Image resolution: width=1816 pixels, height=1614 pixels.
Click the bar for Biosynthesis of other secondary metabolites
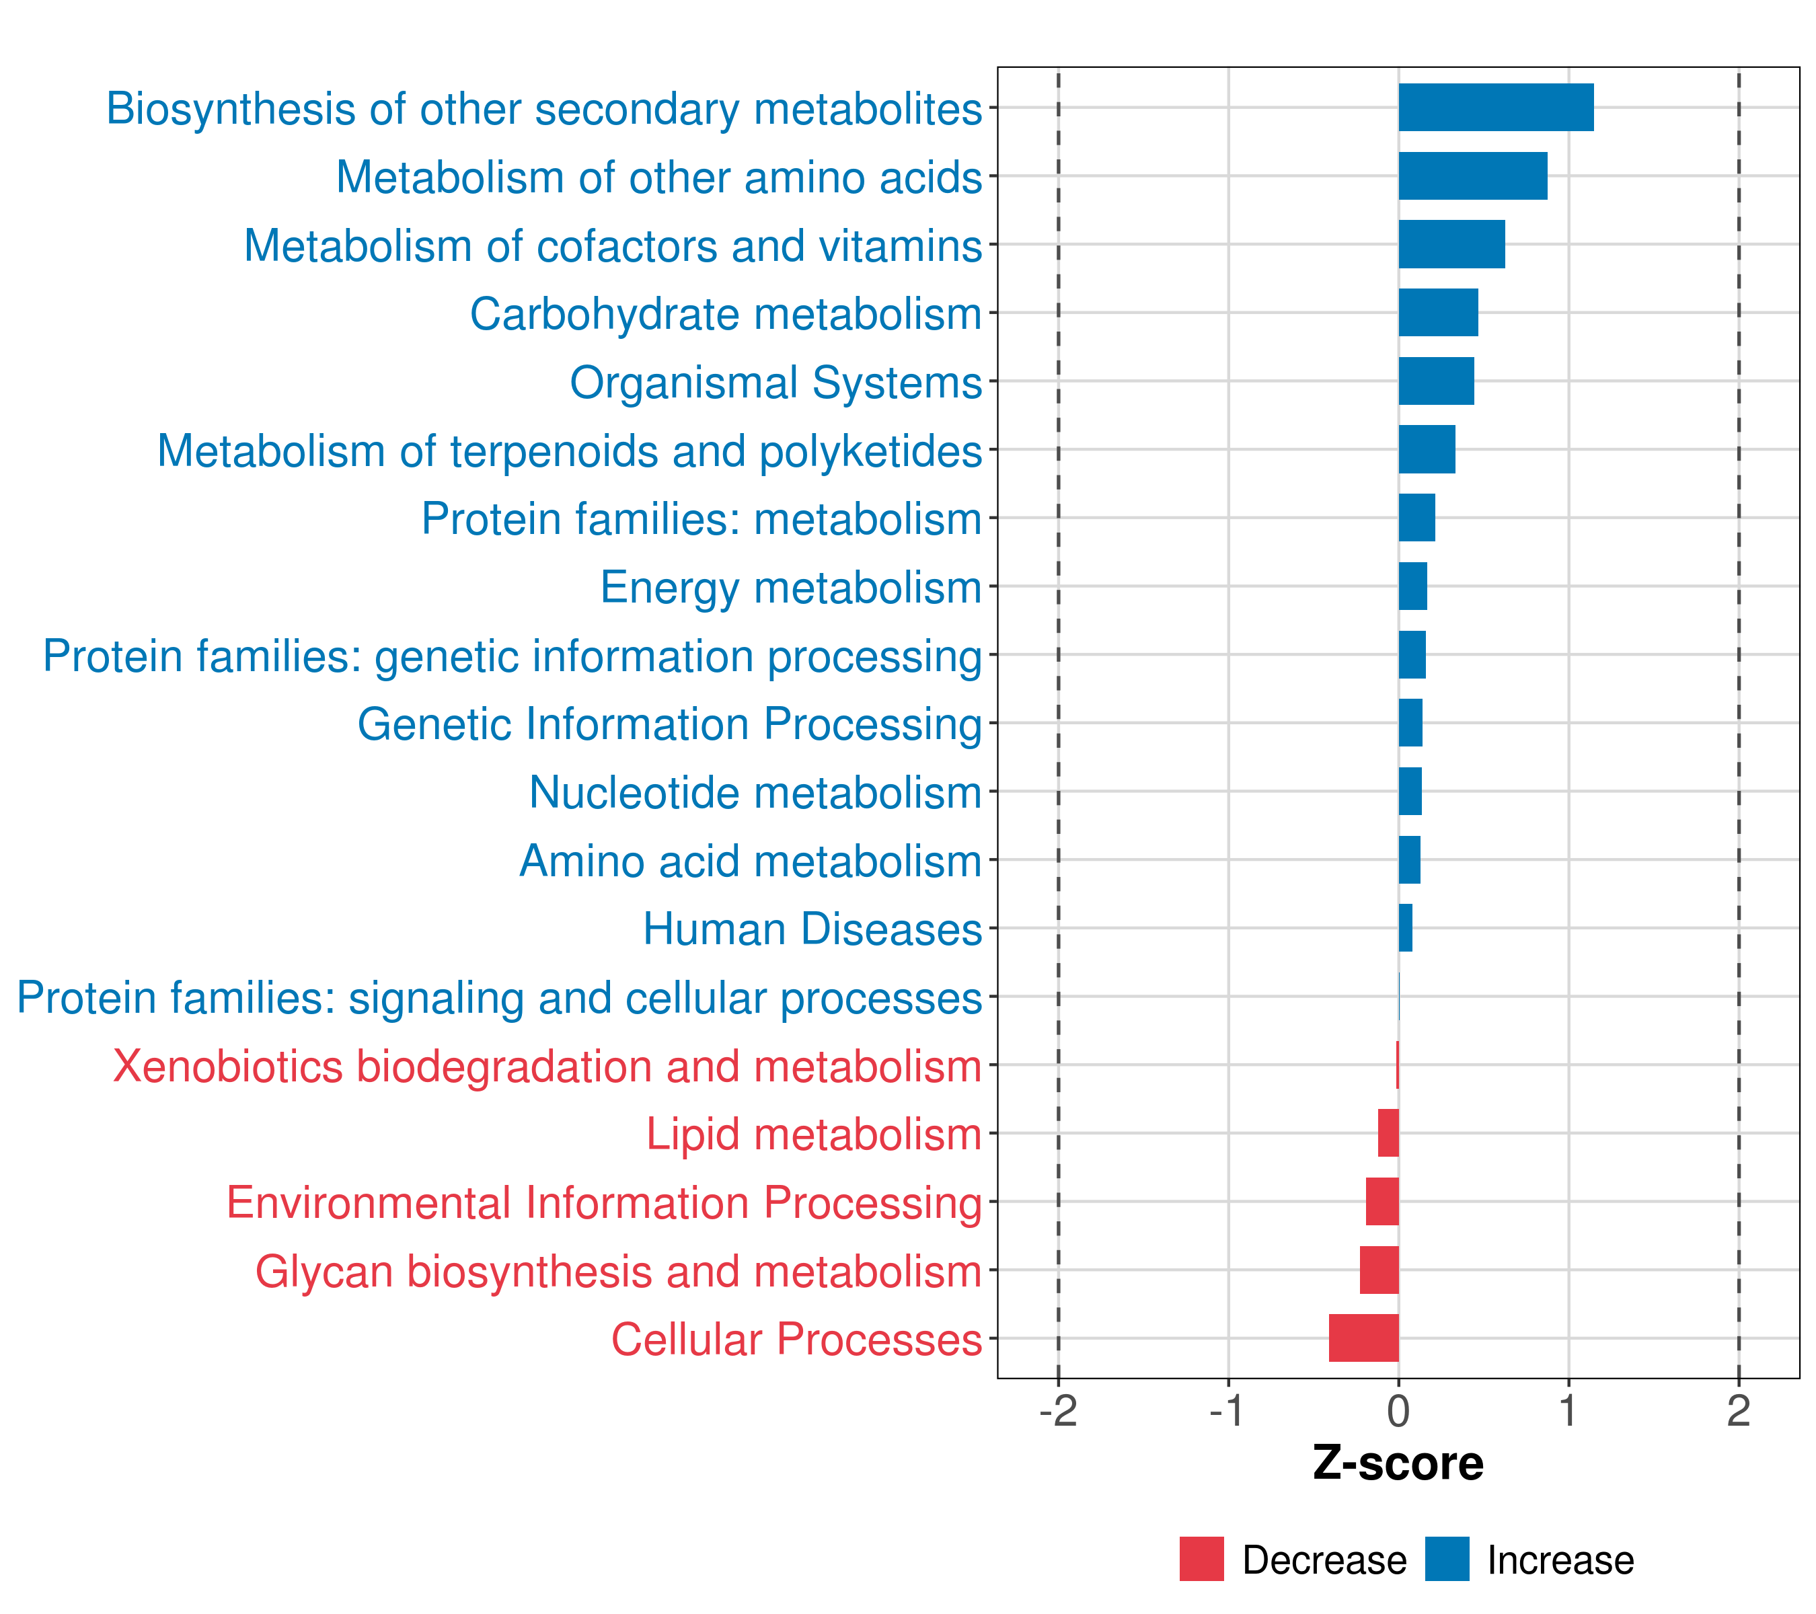(x=1495, y=108)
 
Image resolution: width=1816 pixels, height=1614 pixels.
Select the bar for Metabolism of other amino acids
(x=1472, y=176)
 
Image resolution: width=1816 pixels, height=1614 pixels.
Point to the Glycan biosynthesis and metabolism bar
(x=1379, y=1270)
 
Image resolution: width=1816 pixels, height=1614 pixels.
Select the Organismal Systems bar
(x=1436, y=381)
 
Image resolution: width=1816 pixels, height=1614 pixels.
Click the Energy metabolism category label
(x=791, y=587)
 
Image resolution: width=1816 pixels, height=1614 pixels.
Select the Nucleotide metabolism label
(x=755, y=792)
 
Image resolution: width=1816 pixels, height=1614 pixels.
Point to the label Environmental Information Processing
(x=604, y=1202)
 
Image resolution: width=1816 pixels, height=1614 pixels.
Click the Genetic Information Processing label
(x=670, y=724)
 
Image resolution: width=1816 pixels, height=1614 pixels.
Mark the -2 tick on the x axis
(x=1058, y=1411)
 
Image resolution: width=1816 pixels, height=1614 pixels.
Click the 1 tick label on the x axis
(x=1568, y=1411)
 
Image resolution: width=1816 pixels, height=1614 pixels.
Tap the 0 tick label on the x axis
(x=1398, y=1411)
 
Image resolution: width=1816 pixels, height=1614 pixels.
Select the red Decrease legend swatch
(x=1201, y=1559)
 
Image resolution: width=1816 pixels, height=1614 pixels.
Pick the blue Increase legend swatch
(x=1446, y=1559)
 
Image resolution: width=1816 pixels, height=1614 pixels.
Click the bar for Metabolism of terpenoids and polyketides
(x=1426, y=449)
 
